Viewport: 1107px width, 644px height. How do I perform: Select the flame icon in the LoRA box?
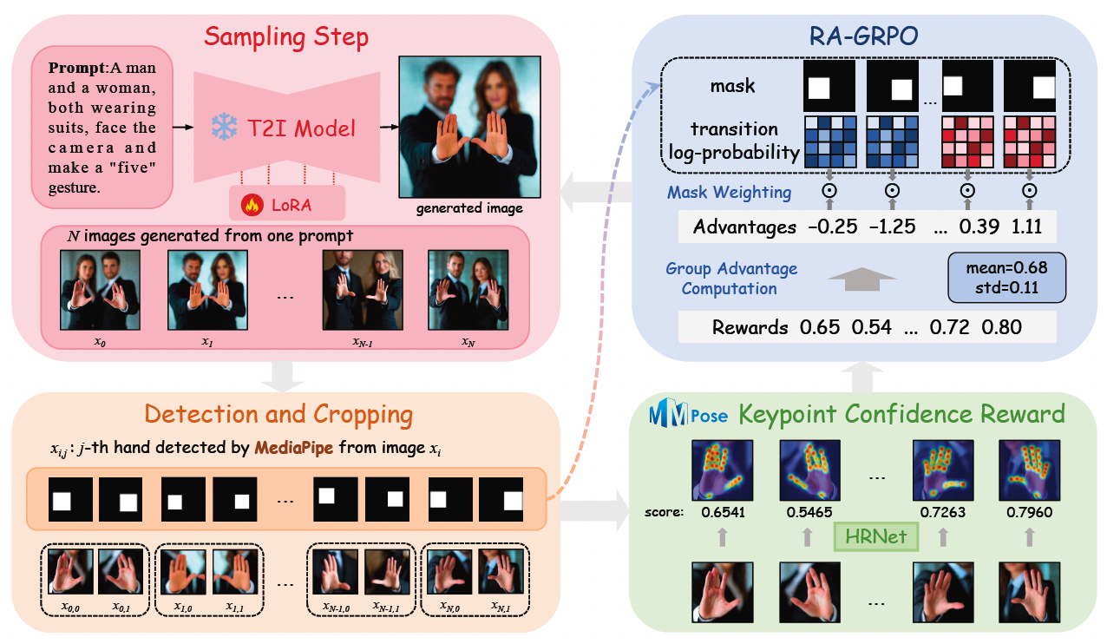[x=251, y=207]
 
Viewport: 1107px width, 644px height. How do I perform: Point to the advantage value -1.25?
[x=889, y=227]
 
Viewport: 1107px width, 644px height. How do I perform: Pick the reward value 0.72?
[x=947, y=327]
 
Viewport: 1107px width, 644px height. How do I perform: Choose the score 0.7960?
[x=1029, y=512]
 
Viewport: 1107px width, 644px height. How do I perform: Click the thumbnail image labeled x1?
[x=206, y=290]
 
